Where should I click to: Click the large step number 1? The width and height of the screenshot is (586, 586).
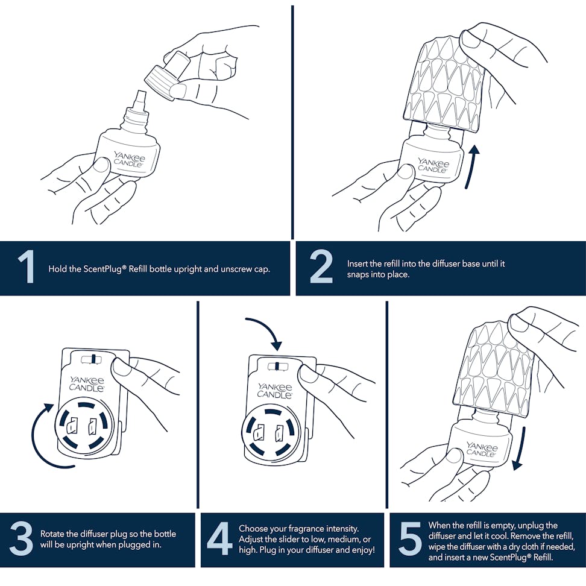(26, 267)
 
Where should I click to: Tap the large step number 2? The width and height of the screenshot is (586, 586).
(321, 267)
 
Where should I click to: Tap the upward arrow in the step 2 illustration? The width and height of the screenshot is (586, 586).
(471, 166)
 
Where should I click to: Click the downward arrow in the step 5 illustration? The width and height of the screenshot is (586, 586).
(520, 448)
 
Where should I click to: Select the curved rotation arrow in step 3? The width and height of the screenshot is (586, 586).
(34, 436)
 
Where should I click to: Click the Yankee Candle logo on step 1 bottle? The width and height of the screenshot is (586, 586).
(130, 159)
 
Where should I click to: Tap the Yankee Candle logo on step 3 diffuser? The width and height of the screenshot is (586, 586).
(87, 384)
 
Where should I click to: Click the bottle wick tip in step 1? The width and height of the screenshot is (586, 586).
(141, 91)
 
